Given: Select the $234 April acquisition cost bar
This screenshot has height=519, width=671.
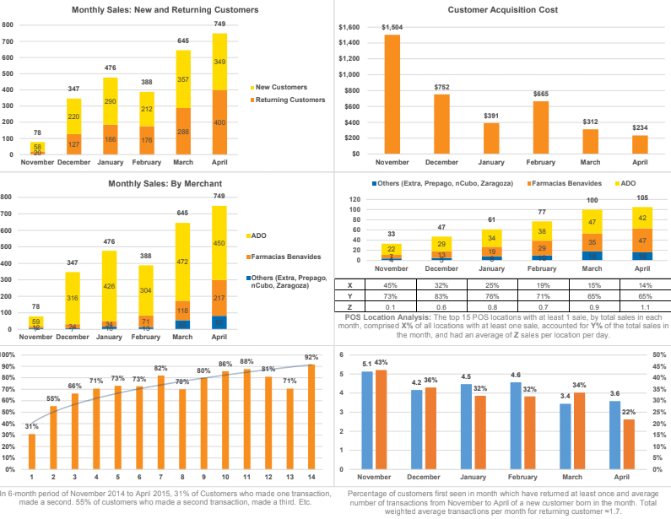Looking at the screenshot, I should tap(640, 144).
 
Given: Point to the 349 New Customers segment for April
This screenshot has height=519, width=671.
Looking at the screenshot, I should tap(219, 62).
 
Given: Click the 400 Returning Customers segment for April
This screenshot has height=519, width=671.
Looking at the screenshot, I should tap(219, 122).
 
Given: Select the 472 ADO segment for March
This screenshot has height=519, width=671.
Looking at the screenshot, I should tap(183, 262).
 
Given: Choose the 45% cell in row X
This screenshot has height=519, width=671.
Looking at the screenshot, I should tap(391, 285).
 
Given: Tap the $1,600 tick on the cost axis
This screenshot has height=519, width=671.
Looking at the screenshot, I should tap(349, 28).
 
